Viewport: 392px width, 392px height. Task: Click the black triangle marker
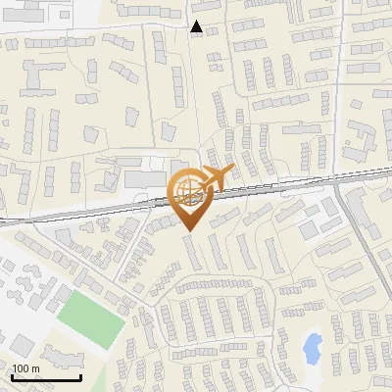pos(197,27)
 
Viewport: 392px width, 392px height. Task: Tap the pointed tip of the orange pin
pos(190,229)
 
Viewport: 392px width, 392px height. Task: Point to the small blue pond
pos(312,347)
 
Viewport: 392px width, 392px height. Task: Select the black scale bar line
pos(45,377)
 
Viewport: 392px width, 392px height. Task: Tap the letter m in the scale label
pos(35,368)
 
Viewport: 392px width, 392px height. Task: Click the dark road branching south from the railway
pos(364,245)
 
